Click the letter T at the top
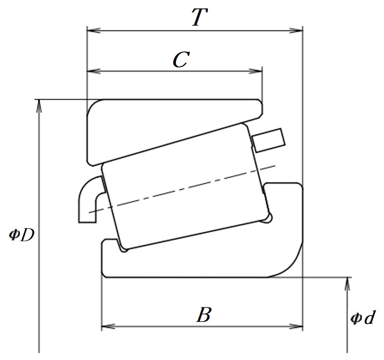(199, 17)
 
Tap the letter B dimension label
(204, 314)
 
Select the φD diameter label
(21, 235)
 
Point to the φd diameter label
(362, 318)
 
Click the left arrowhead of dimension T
(93, 31)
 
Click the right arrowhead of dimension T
(296, 31)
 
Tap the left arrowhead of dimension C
(93, 71)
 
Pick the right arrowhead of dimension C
(255, 71)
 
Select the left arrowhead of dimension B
(108, 327)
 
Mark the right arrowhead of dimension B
(296, 327)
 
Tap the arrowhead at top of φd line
(347, 284)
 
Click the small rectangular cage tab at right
(268, 141)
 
